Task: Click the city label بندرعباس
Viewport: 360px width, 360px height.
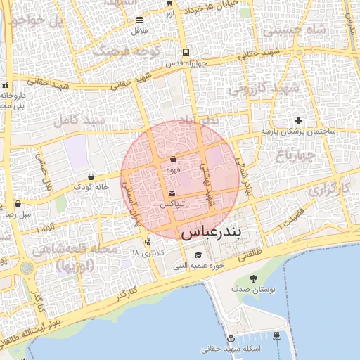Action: click(221, 233)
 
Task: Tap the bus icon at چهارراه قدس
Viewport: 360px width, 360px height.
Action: click(185, 52)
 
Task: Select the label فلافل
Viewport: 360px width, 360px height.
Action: click(139, 31)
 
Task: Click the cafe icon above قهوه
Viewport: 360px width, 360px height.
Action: click(173, 160)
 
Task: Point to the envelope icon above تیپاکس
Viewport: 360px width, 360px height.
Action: click(172, 193)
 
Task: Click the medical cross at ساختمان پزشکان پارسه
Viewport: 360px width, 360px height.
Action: click(299, 120)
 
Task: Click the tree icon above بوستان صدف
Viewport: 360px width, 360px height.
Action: click(254, 278)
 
